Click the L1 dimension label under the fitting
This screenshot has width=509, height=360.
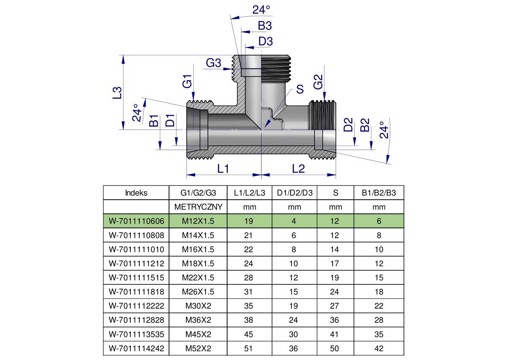(x=223, y=168)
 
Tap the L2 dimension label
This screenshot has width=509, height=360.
(x=298, y=168)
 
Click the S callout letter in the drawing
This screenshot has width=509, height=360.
(x=300, y=89)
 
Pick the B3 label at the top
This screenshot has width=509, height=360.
(x=265, y=26)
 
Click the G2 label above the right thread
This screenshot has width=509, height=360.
(x=318, y=82)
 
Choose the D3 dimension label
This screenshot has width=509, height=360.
(x=265, y=41)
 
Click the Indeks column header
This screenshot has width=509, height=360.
(x=136, y=193)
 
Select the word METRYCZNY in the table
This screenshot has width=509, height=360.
(x=198, y=207)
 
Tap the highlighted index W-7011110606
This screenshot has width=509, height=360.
(x=136, y=221)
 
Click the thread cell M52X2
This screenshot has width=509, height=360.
(x=198, y=348)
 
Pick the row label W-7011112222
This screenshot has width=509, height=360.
(x=136, y=306)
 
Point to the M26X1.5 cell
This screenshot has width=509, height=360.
(x=198, y=292)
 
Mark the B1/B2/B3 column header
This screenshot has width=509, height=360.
(x=379, y=193)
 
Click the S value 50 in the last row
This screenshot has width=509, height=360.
(x=335, y=348)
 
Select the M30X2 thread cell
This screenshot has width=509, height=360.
(x=198, y=306)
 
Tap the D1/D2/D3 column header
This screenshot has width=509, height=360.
(x=294, y=193)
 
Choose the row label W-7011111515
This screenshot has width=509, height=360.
(x=136, y=278)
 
